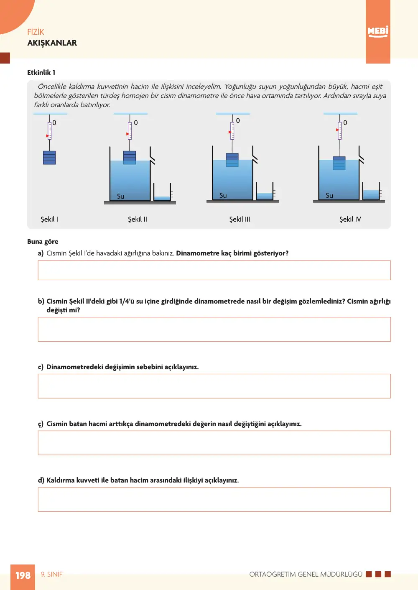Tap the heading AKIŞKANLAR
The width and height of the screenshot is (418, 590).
point(52,43)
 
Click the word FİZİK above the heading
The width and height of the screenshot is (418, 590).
point(36,32)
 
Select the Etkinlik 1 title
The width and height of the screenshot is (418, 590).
point(41,72)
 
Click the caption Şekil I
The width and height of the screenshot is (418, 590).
point(49,219)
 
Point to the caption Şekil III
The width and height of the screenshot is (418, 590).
point(240,219)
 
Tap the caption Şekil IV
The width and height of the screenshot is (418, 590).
point(350,219)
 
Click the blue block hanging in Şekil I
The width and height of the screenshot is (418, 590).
point(49,158)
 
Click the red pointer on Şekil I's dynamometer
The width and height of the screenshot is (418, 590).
point(48,136)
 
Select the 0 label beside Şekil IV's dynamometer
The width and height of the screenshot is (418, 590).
point(345,123)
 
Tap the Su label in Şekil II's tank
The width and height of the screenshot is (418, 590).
point(120,196)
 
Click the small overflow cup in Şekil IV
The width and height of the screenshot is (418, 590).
point(371,191)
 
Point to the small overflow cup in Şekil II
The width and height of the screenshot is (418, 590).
point(162,192)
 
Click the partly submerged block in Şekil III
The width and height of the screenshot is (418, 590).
point(232,160)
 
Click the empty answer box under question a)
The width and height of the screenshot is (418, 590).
point(214,270)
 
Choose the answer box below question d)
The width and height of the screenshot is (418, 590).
point(214,499)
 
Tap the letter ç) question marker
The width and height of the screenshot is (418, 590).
point(41,424)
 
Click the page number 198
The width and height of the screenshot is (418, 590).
point(23,575)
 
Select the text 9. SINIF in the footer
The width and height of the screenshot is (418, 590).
point(51,574)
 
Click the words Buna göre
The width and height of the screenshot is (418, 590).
point(43,242)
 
